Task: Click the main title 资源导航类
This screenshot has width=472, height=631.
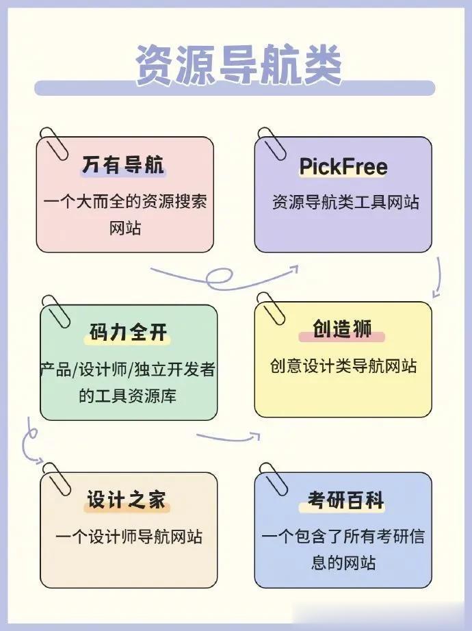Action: point(238,65)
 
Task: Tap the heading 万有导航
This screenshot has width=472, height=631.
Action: point(123,165)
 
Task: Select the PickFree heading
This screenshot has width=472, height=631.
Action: point(343,166)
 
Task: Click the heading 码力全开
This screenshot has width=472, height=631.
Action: point(129,333)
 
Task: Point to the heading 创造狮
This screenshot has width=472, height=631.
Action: point(342,329)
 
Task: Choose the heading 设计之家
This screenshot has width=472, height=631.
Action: point(127,500)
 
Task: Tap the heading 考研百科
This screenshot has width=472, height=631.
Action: point(342,501)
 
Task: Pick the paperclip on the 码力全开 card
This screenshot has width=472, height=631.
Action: point(56,311)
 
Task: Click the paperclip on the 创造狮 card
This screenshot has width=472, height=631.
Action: point(272,309)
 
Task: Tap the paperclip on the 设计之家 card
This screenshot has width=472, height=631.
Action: point(57,478)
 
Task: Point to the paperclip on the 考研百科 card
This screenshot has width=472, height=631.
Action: point(273,478)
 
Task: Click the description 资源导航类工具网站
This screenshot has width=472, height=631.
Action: point(345,203)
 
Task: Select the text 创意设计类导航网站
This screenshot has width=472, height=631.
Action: point(343,365)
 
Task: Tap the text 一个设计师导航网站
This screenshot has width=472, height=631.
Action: point(129,537)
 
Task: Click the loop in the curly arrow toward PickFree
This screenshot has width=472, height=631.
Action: point(220,277)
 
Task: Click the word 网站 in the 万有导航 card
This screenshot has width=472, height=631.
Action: point(125,228)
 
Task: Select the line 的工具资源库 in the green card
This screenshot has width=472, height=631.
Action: point(129,396)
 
